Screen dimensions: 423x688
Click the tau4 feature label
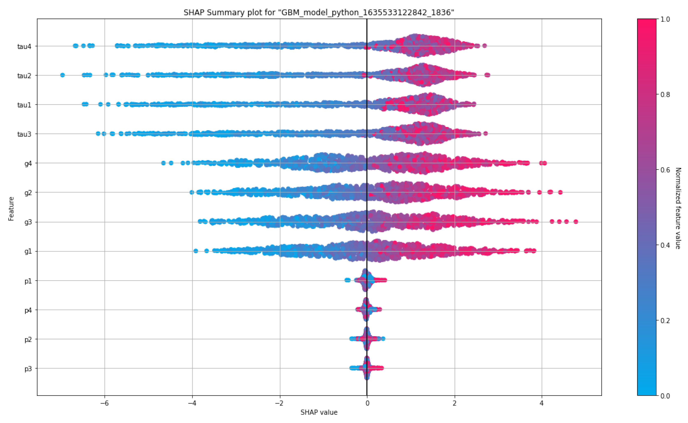(x=24, y=47)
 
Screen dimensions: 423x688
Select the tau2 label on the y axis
(x=24, y=76)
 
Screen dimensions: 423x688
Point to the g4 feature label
(x=28, y=164)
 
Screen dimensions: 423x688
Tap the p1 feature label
(x=28, y=281)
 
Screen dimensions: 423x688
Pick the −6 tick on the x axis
(x=104, y=403)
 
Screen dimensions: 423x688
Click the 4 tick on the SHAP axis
(x=542, y=403)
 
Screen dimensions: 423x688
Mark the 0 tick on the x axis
(x=367, y=403)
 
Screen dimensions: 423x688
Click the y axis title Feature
(x=11, y=209)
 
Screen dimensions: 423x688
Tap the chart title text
(x=319, y=13)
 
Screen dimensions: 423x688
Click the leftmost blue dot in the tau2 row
(x=63, y=75)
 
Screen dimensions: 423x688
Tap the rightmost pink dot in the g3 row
(x=576, y=221)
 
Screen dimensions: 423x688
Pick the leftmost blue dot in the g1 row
(x=196, y=251)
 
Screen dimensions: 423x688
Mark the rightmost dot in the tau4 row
(x=485, y=46)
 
